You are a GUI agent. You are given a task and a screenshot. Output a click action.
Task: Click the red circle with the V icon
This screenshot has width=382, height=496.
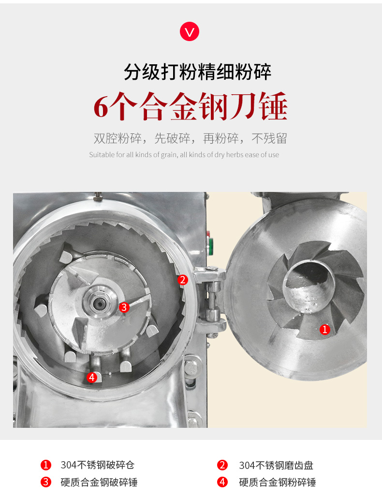click(x=190, y=31)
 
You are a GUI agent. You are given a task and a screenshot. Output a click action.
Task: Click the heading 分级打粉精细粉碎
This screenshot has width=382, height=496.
click(x=197, y=72)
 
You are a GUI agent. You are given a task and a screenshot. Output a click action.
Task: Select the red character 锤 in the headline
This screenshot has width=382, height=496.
click(x=273, y=106)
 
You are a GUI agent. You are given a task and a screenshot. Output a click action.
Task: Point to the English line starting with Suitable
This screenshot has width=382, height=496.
click(x=184, y=155)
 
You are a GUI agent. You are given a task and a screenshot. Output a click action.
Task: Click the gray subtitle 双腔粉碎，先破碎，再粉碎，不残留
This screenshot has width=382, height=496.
click(x=191, y=138)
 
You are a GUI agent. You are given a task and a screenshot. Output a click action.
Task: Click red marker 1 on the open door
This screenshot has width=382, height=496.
click(x=324, y=330)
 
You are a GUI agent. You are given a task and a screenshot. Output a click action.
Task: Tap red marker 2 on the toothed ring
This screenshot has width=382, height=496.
click(x=183, y=280)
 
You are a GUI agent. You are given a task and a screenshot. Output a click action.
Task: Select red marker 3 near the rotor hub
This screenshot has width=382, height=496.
click(x=124, y=307)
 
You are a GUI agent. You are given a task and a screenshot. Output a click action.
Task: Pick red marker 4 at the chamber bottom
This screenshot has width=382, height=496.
click(x=92, y=377)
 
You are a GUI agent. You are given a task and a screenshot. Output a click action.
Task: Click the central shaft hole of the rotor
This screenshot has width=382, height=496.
click(x=99, y=304)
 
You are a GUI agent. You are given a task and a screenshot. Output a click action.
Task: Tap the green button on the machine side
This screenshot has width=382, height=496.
click(x=209, y=247)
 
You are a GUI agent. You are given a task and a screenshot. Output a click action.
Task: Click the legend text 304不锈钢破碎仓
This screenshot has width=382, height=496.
click(x=98, y=465)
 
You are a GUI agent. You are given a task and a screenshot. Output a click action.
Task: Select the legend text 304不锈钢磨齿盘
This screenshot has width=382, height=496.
click(x=276, y=466)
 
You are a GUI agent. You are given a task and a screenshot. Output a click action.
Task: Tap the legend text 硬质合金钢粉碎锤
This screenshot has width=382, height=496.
click(x=278, y=482)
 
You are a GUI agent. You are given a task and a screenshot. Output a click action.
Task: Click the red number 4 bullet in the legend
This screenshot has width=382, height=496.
click(x=222, y=482)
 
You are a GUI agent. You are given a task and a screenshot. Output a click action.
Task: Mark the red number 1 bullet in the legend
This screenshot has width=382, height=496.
click(x=46, y=465)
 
